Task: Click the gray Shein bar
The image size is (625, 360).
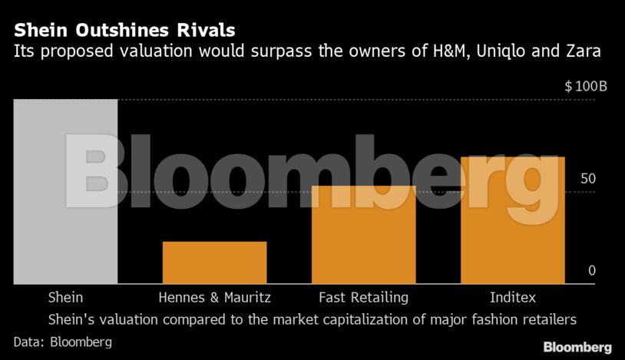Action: click(65, 192)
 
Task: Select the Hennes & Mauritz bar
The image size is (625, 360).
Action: click(215, 263)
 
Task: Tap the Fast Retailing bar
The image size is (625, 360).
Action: click(363, 235)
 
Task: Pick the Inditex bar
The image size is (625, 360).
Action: click(512, 220)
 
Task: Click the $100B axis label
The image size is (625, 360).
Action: click(586, 86)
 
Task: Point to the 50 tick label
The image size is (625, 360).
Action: click(587, 179)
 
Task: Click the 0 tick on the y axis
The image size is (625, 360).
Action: click(592, 270)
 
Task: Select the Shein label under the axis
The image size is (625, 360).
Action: click(65, 297)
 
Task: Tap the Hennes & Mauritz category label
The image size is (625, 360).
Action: click(215, 297)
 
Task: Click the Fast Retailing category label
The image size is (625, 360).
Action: click(363, 297)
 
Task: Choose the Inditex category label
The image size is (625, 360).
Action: click(512, 297)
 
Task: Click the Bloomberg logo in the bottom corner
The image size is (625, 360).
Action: click(577, 347)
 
